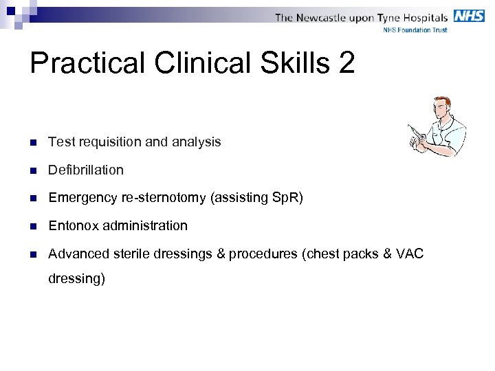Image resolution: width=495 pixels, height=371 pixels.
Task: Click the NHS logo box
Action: (469, 16)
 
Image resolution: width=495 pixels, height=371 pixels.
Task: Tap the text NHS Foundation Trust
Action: (415, 30)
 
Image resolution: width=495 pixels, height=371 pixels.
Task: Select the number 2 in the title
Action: (346, 63)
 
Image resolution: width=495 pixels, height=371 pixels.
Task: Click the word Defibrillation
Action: (86, 170)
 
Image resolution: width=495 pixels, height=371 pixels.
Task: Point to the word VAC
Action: (410, 254)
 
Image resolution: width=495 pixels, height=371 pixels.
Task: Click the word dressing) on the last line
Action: (76, 279)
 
